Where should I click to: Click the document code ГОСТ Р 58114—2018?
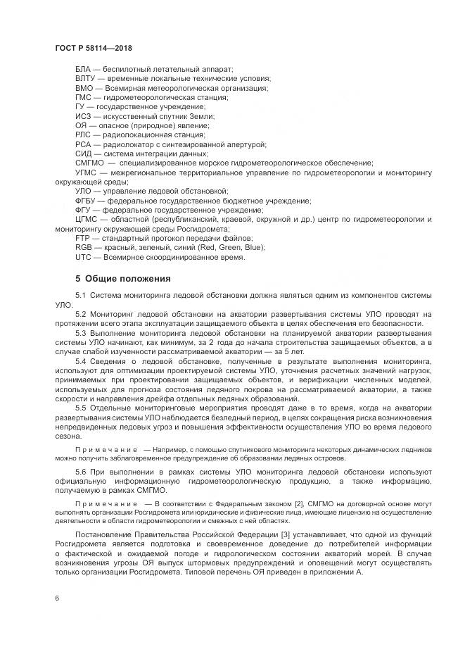(x=94, y=48)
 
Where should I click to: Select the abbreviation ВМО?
(x=84, y=88)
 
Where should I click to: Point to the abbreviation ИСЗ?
(x=84, y=116)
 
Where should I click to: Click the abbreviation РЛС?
(x=84, y=134)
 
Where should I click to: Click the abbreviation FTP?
(x=83, y=239)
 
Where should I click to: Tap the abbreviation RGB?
(x=84, y=248)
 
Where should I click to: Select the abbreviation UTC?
(x=84, y=257)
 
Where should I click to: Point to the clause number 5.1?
(x=80, y=294)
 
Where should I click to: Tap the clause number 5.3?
(x=80, y=332)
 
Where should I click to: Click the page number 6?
(x=56, y=598)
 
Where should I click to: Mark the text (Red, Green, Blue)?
(x=234, y=248)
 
